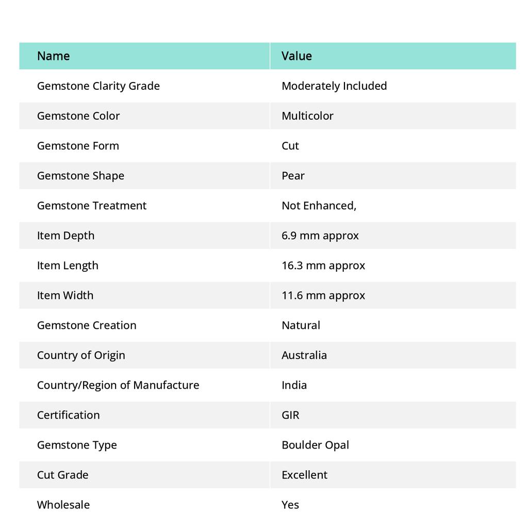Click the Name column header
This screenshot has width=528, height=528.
(x=53, y=56)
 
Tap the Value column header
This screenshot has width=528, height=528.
(x=296, y=56)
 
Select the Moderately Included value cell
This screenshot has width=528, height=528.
(x=334, y=86)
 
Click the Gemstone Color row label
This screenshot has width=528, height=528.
(x=78, y=116)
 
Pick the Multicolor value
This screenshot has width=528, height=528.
(x=307, y=116)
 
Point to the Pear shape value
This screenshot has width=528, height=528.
(x=293, y=176)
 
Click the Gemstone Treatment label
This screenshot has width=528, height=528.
(x=92, y=206)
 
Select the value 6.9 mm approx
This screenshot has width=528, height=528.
(x=320, y=236)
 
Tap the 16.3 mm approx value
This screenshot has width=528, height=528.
(x=323, y=266)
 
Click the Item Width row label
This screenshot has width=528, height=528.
(x=65, y=295)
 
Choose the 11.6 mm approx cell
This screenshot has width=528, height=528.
(x=323, y=295)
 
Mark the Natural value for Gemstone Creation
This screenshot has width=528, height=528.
(x=301, y=325)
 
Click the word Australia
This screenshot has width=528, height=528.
(x=304, y=355)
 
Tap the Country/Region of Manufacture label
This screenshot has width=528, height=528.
(x=118, y=385)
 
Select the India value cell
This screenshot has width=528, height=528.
(x=294, y=385)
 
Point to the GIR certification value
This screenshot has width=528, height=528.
(x=290, y=415)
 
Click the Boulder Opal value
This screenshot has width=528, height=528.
(x=315, y=445)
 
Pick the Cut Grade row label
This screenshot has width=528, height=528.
(x=62, y=475)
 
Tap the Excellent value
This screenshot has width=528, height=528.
(x=304, y=475)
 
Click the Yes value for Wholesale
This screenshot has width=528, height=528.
(x=290, y=505)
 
